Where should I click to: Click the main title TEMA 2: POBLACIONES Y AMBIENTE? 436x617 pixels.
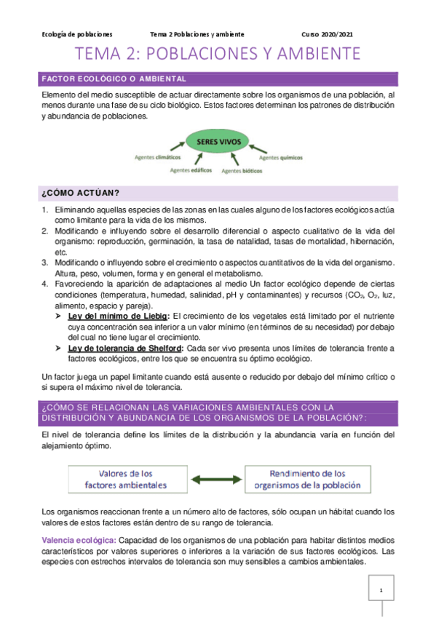(x=218, y=54)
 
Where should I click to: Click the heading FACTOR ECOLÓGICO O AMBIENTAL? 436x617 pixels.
(x=115, y=79)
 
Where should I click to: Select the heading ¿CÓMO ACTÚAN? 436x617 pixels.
(x=81, y=192)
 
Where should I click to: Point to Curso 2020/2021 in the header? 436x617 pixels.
(x=327, y=34)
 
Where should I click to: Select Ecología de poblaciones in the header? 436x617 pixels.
(x=77, y=34)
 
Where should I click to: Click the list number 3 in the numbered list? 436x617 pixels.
(x=45, y=262)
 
